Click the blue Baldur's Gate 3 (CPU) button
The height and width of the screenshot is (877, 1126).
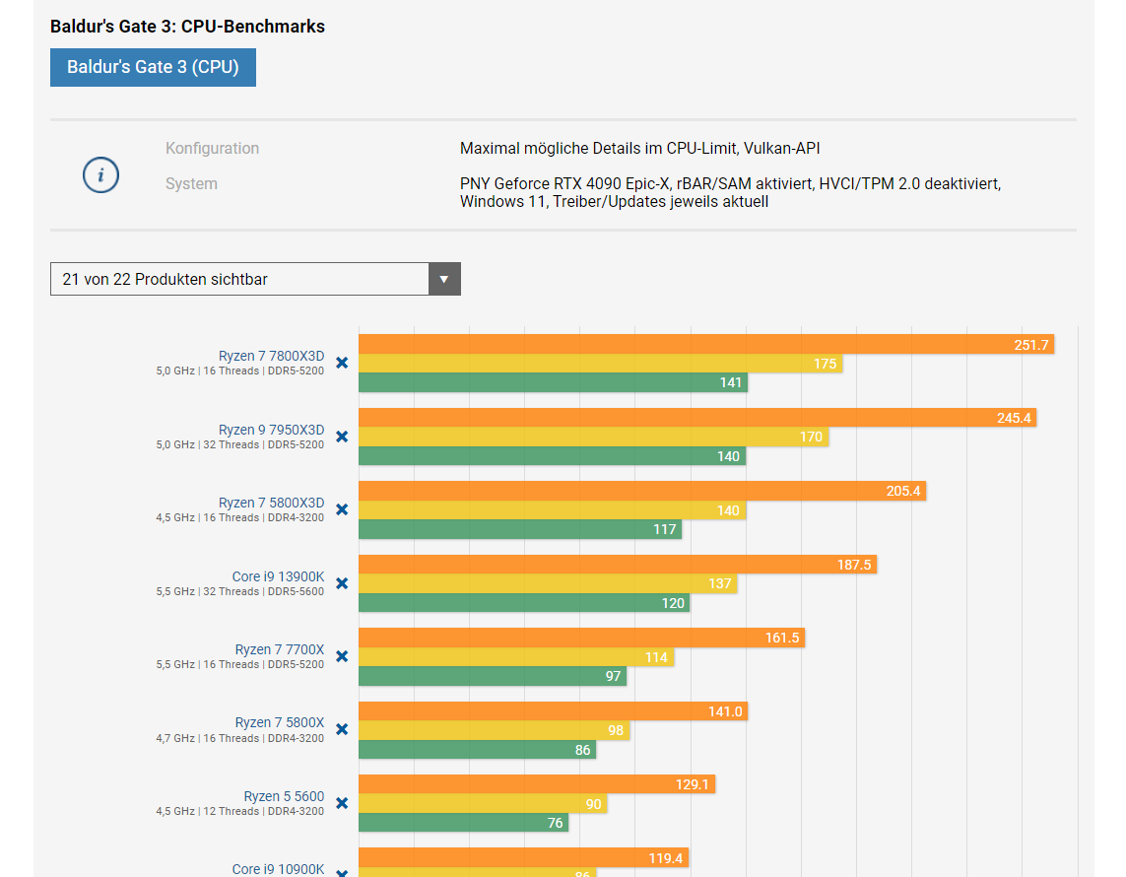pos(153,67)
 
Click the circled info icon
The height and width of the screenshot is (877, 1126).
pos(100,175)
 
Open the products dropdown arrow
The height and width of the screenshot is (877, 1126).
pos(444,279)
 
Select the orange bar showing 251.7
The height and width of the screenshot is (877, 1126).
pos(705,344)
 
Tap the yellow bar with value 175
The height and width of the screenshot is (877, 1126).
pos(600,364)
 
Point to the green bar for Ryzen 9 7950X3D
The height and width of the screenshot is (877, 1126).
pos(552,456)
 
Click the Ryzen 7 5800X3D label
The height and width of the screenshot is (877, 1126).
pos(271,504)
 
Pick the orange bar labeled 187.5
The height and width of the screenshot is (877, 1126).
pos(617,565)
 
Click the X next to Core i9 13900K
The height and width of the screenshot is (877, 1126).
pos(342,583)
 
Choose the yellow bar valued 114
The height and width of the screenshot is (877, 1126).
pos(515,657)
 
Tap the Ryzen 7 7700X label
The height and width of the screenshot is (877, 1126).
pos(279,649)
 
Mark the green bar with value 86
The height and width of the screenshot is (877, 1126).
pos(477,750)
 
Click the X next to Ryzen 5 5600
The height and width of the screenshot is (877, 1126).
pos(342,803)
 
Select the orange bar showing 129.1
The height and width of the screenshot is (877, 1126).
pos(536,784)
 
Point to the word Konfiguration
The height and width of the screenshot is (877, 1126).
pos(212,149)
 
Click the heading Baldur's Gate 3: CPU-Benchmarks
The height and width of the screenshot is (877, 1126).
pos(187,27)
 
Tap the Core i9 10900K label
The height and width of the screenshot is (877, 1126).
pos(278,869)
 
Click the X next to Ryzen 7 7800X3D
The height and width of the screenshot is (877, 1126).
pos(342,363)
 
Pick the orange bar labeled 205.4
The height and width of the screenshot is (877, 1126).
pos(641,491)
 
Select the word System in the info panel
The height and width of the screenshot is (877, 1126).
pos(191,184)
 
